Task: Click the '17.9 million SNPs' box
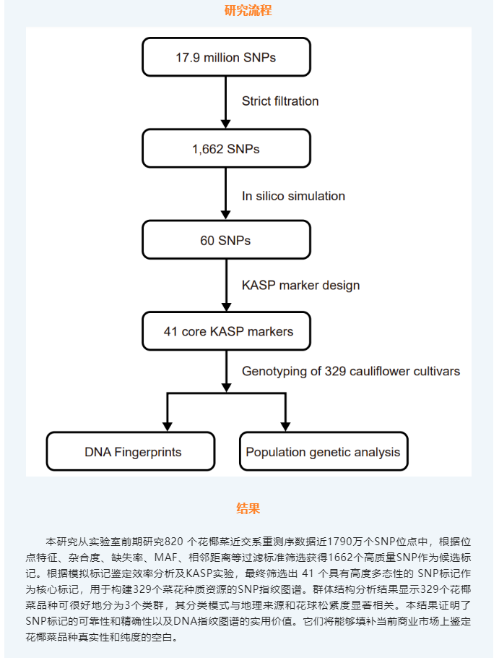226,57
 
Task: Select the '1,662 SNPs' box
226,148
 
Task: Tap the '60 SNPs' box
226,240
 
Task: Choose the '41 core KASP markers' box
226,331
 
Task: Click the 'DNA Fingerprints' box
131,451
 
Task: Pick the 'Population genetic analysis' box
324,451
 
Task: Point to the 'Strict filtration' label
280,101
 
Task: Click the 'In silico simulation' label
293,196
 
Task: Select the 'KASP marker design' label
301,286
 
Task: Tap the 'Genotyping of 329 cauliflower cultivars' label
351,372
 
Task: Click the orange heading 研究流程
248,10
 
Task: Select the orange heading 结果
248,508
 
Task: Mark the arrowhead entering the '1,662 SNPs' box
226,124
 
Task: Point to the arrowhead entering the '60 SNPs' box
226,215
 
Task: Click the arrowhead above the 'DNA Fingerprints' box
167,427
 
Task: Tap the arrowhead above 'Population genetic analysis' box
285,427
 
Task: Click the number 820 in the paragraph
174,542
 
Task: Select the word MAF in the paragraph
166,557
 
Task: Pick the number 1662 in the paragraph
341,557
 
